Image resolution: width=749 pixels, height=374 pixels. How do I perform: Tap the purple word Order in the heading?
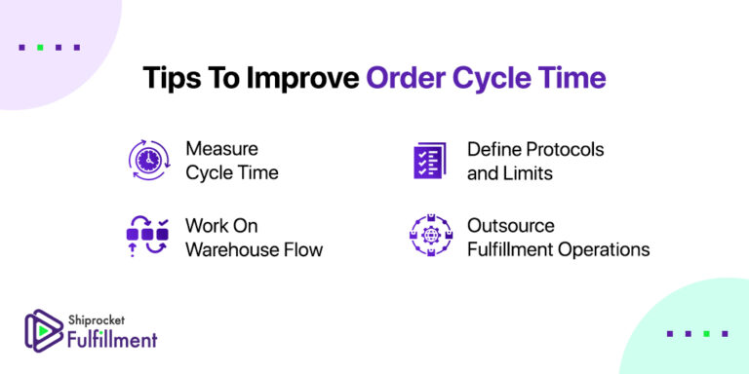[x=406, y=79]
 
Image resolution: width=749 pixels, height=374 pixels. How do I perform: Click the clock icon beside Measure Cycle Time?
[x=149, y=161]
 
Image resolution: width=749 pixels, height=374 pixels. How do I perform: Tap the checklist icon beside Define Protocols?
[x=429, y=161]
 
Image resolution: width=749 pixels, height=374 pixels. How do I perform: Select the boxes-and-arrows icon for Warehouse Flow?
[x=149, y=237]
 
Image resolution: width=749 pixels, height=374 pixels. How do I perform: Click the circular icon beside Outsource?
[x=430, y=237]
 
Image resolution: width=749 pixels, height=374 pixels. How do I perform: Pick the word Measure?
[x=221, y=150]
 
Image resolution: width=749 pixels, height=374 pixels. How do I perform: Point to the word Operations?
[x=602, y=249]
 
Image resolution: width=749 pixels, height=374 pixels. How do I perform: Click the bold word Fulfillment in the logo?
[x=113, y=339]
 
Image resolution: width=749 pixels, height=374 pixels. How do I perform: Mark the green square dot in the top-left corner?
[x=38, y=46]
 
